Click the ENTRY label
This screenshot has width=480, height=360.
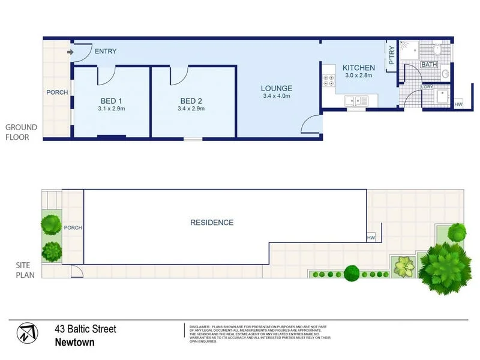105,52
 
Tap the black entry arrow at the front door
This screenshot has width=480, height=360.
70,52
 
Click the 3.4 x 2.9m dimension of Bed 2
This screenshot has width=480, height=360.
191,109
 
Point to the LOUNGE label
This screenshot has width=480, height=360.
277,88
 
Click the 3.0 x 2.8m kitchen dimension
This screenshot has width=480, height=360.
359,76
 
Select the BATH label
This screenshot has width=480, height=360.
429,64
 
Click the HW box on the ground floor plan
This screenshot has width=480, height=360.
458,104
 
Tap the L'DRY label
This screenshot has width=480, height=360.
427,87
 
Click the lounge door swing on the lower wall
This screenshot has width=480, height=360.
310,125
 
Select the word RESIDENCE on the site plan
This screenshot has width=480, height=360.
212,223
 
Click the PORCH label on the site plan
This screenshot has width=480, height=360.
73,228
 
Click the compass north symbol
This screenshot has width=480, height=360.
26,334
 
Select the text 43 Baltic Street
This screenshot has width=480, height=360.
85,329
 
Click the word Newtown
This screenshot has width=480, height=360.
74,343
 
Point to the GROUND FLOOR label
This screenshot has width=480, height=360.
22,132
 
